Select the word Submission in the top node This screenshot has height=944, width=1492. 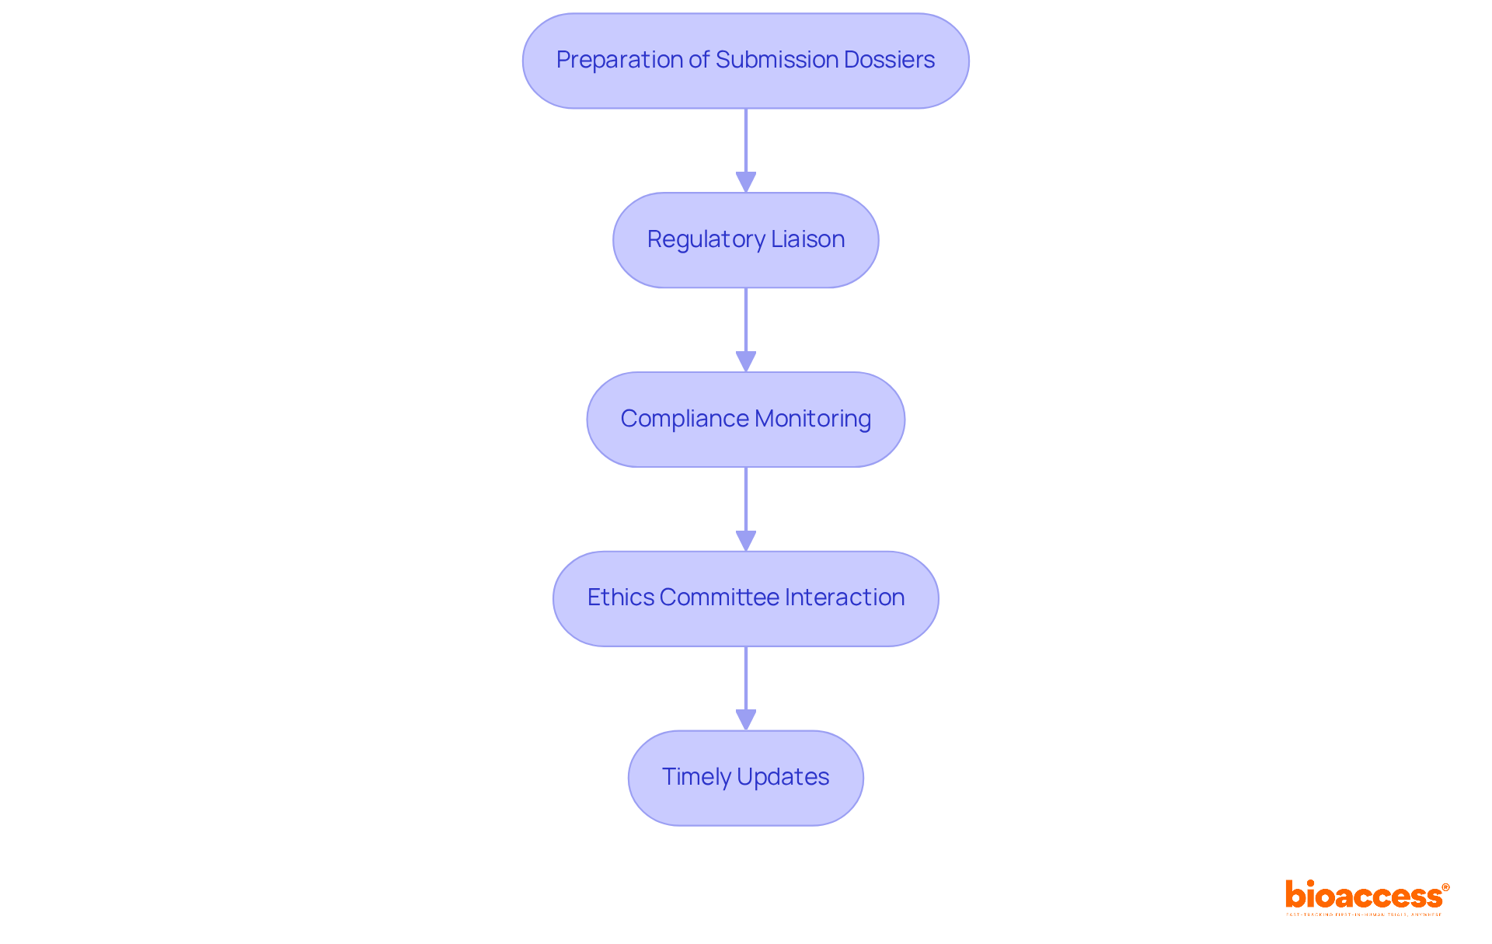coord(772,60)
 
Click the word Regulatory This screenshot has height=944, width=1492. coord(706,239)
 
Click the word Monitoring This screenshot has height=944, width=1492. coord(813,419)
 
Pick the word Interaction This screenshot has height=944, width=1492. coord(845,597)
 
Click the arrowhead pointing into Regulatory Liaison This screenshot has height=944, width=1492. coord(746,183)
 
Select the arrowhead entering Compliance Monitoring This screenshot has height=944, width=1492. coord(746,362)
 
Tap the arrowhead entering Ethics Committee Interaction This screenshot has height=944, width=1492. coord(746,541)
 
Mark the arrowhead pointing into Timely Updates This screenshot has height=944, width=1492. coord(746,720)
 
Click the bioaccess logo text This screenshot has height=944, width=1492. coord(1363,896)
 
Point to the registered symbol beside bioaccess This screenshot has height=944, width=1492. coord(1445,887)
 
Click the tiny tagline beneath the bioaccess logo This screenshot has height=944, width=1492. coord(1363,915)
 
